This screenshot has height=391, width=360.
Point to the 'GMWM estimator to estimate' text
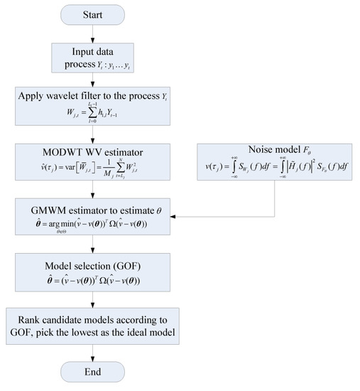pos(99,205)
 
